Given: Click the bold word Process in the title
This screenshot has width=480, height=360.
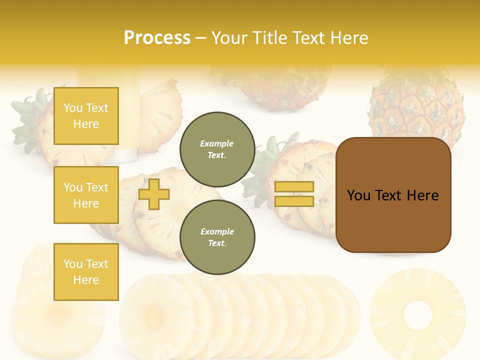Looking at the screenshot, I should pyautogui.click(x=157, y=38).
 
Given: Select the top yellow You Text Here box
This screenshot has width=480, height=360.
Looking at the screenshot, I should pyautogui.click(x=86, y=116).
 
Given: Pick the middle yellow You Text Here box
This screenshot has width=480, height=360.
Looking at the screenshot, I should pyautogui.click(x=86, y=195).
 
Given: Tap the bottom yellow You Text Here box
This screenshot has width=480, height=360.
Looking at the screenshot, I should pyautogui.click(x=86, y=272).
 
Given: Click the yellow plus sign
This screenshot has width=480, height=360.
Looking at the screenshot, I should pyautogui.click(x=154, y=194).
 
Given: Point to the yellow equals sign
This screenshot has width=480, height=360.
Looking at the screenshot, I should pyautogui.click(x=294, y=194).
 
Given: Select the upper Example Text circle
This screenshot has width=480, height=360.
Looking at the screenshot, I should pyautogui.click(x=217, y=149).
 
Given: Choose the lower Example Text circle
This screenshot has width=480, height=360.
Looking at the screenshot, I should pyautogui.click(x=217, y=237).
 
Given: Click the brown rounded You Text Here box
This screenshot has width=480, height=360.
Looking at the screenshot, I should pyautogui.click(x=393, y=195).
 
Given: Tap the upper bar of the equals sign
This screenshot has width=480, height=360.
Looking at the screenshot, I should pyautogui.click(x=294, y=187).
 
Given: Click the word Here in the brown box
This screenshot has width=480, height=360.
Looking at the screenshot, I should pyautogui.click(x=422, y=195).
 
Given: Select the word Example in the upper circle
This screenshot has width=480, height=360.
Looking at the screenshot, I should pyautogui.click(x=217, y=143).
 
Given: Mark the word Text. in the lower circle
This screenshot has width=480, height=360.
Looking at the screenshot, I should pyautogui.click(x=217, y=243).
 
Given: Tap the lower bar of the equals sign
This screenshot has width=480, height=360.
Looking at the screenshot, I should pyautogui.click(x=294, y=201).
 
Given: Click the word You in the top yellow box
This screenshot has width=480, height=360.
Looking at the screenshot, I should pyautogui.click(x=72, y=108).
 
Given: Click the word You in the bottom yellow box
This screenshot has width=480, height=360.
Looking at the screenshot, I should pyautogui.click(x=72, y=264).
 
